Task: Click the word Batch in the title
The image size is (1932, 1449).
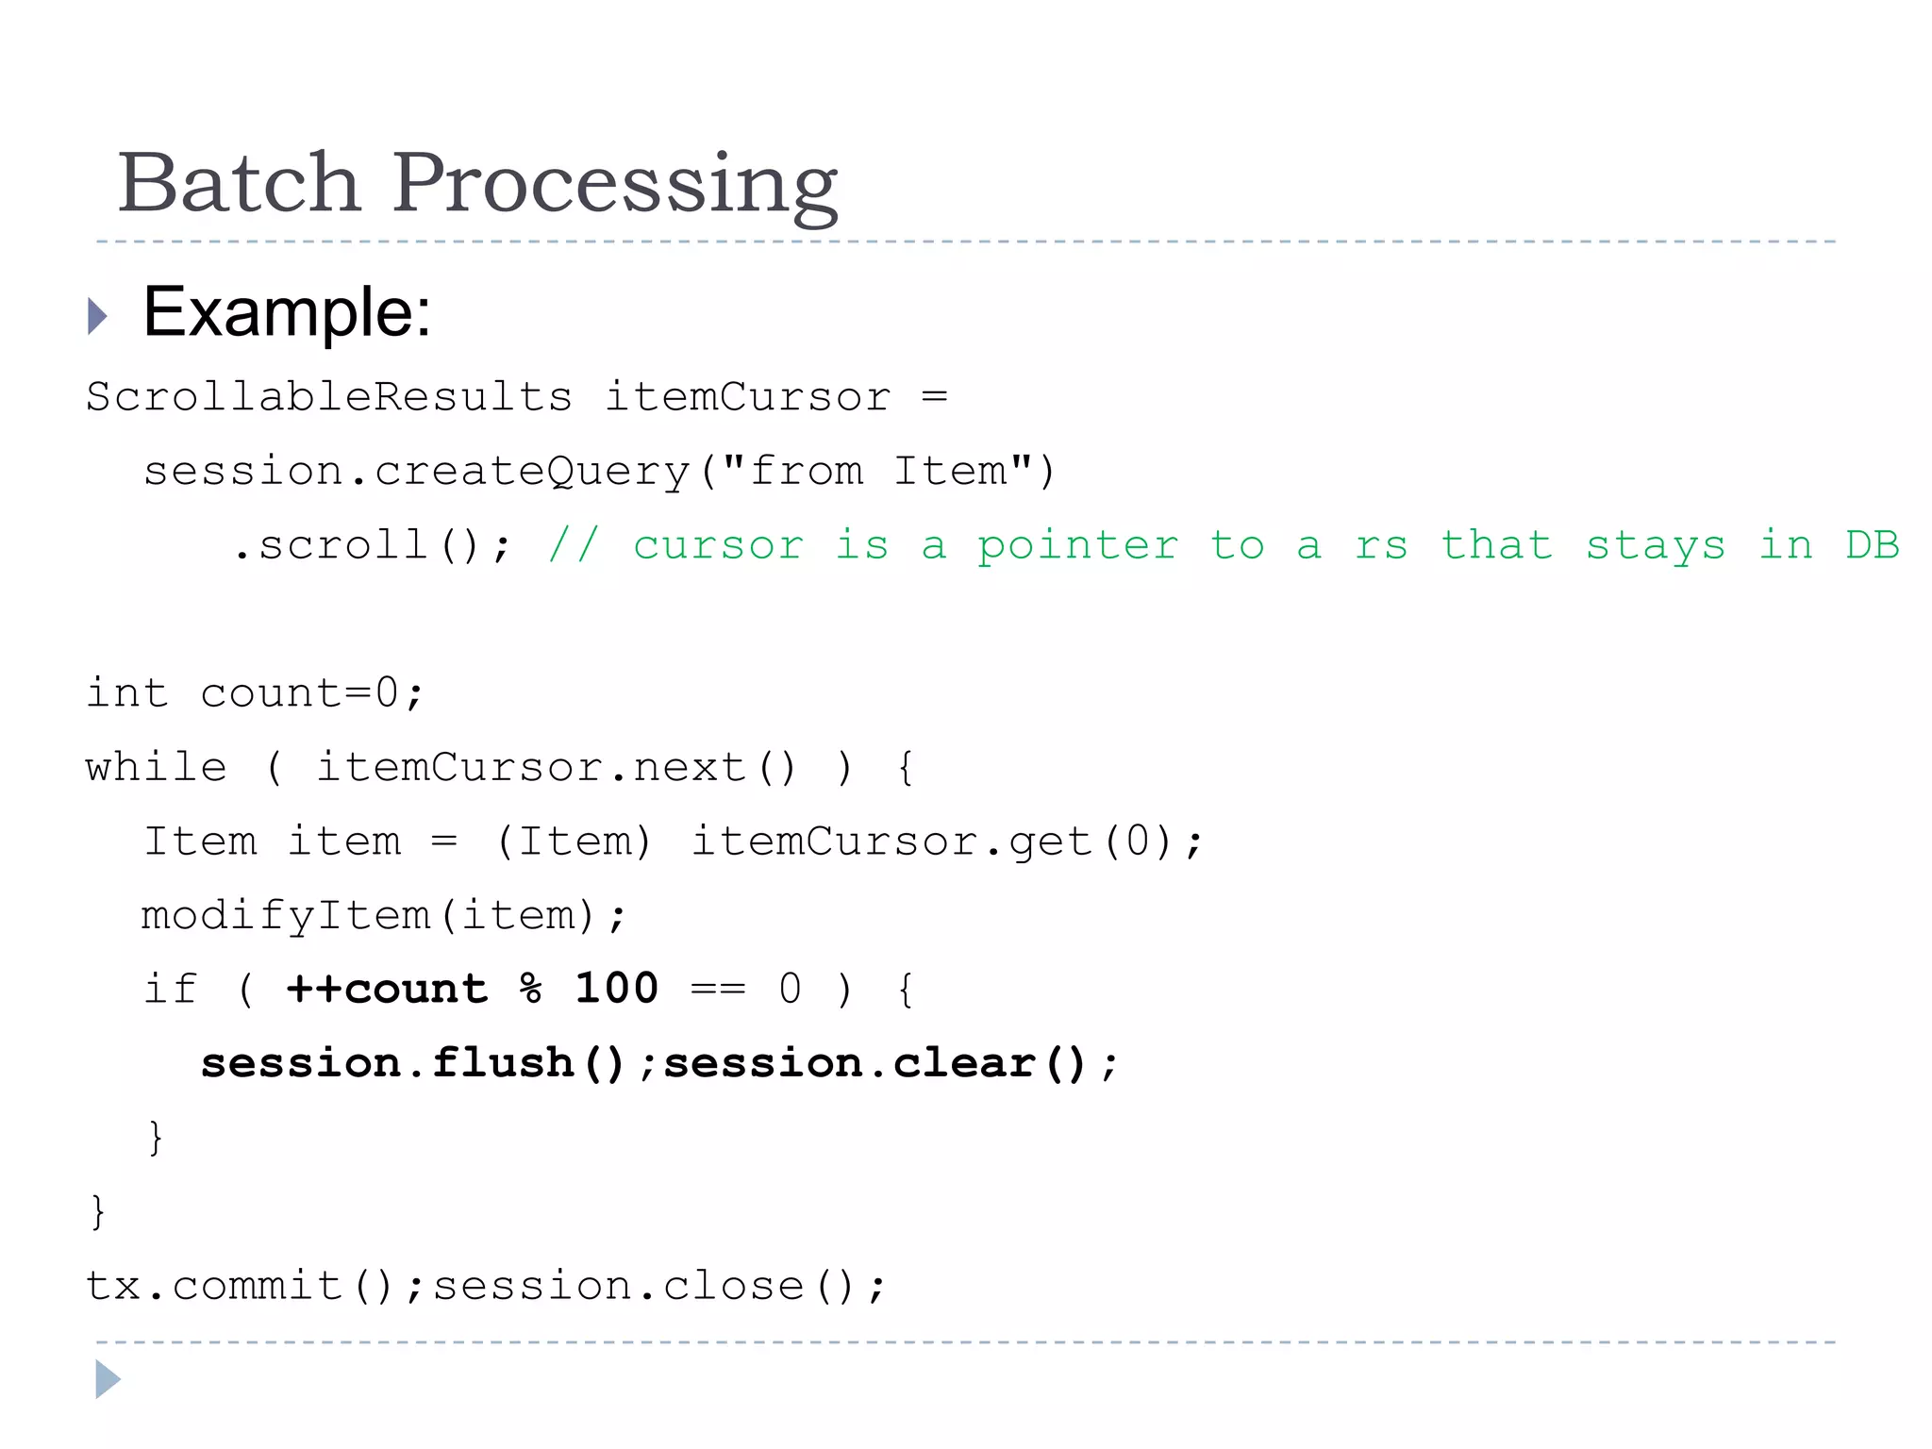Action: pyautogui.click(x=240, y=182)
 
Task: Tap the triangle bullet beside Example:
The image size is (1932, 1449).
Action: pyautogui.click(x=97, y=316)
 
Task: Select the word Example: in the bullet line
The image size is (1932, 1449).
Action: pyautogui.click(x=287, y=312)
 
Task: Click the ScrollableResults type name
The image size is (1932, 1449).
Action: pyautogui.click(x=328, y=397)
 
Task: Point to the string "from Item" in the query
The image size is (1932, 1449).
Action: pyautogui.click(x=877, y=471)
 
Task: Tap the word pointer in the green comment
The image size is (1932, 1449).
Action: pyautogui.click(x=1077, y=546)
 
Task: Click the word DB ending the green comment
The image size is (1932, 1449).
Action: pyautogui.click(x=1872, y=545)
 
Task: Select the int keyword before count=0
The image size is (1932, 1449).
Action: pyautogui.click(x=126, y=693)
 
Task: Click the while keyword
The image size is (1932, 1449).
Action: pyautogui.click(x=157, y=767)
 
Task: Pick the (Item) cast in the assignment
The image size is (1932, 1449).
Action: pyautogui.click(x=574, y=841)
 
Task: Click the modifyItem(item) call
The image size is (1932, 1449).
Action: pyautogui.click(x=382, y=916)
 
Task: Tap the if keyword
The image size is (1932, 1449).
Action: pyautogui.click(x=170, y=990)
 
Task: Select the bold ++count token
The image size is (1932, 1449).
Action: pyautogui.click(x=388, y=990)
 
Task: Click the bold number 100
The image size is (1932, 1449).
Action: pyautogui.click(x=616, y=989)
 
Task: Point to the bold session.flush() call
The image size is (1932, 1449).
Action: pyautogui.click(x=414, y=1064)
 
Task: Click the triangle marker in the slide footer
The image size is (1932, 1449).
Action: pyautogui.click(x=108, y=1379)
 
